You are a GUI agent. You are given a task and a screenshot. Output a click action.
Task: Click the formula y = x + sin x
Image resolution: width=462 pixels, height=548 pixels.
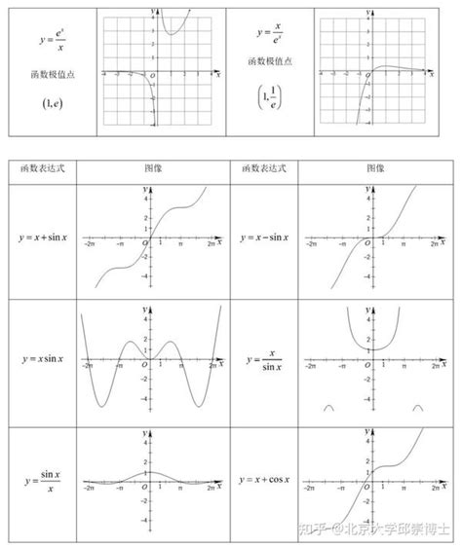[42, 237]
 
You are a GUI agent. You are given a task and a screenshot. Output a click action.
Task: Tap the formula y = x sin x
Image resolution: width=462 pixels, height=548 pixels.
[42, 359]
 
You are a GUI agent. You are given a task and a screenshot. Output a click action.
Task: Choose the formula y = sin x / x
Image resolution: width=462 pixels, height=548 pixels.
[42, 481]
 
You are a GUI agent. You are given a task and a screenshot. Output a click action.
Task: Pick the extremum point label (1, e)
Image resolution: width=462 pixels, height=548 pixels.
[48, 100]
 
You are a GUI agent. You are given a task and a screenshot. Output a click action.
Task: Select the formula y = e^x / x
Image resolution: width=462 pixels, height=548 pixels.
[48, 41]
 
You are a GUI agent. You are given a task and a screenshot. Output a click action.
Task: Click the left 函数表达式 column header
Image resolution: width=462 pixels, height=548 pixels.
[42, 167]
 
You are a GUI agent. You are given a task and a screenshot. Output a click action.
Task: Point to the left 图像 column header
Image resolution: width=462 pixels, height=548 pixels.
[153, 167]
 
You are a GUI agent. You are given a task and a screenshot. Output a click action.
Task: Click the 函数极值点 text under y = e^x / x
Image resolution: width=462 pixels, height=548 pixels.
[48, 75]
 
